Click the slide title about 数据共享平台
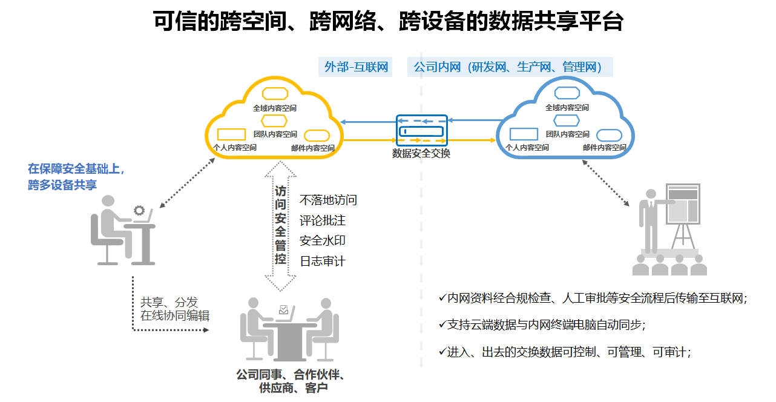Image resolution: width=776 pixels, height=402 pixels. coord(388,22)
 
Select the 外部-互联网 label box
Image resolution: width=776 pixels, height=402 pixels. coord(356,67)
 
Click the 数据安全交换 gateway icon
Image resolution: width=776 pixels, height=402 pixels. coord(422,130)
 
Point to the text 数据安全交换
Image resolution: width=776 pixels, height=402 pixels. coord(422,154)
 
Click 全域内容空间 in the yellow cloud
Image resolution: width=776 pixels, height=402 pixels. coord(275,108)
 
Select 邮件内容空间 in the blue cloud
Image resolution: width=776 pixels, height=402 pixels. coord(605,147)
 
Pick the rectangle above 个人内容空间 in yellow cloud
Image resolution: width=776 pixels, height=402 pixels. coord(231,134)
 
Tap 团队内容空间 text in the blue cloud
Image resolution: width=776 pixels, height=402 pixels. coord(568,134)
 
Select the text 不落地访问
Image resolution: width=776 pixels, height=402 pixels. coord(328,200)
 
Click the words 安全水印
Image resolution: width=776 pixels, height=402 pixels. coord(323,240)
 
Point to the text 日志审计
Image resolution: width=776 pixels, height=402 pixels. coord(323,261)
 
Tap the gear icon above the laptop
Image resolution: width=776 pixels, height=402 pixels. coord(140,211)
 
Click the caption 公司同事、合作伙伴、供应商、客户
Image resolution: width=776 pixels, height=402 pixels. coord(291,381)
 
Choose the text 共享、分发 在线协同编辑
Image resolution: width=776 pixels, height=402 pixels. coord(175,309)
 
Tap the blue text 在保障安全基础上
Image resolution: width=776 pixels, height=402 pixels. coord(76,169)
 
